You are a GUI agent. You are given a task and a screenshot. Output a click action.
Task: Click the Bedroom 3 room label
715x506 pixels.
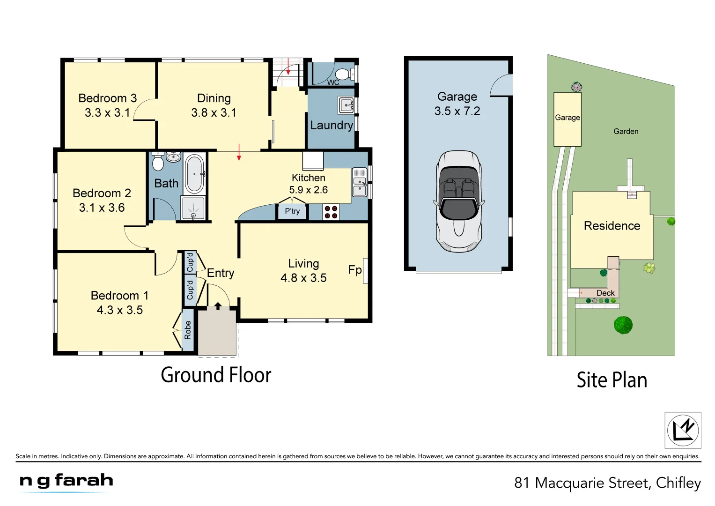point(107,98)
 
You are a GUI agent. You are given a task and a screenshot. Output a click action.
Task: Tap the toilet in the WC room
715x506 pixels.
point(344,74)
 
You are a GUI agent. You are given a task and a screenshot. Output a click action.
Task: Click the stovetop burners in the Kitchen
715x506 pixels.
point(331,212)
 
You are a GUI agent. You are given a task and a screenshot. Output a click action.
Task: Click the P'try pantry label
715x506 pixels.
point(292,211)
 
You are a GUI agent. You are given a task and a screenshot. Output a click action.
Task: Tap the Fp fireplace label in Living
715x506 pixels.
point(354,270)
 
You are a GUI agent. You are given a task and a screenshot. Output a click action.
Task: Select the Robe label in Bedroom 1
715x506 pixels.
point(188,330)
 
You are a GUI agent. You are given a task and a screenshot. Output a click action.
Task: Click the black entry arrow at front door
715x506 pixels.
point(218,306)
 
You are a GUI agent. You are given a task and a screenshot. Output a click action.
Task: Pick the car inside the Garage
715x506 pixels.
point(458,201)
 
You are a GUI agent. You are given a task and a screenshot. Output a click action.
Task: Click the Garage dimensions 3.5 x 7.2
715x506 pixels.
point(457,112)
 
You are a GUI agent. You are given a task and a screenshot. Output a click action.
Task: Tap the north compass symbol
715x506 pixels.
point(683,430)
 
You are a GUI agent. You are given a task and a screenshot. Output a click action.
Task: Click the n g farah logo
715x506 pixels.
point(66,481)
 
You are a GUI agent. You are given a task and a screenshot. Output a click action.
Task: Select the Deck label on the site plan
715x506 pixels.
point(605,293)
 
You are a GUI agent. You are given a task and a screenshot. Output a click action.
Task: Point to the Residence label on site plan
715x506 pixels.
point(612,226)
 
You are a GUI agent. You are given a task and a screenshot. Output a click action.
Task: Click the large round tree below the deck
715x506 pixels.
point(623,325)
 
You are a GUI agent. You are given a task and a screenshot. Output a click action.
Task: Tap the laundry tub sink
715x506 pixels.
point(346,105)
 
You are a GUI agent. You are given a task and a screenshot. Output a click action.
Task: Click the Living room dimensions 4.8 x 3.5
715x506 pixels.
point(303,278)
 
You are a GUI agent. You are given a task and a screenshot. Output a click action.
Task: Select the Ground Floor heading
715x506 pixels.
point(216,375)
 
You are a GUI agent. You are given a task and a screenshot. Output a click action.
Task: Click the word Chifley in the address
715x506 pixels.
point(678,483)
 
